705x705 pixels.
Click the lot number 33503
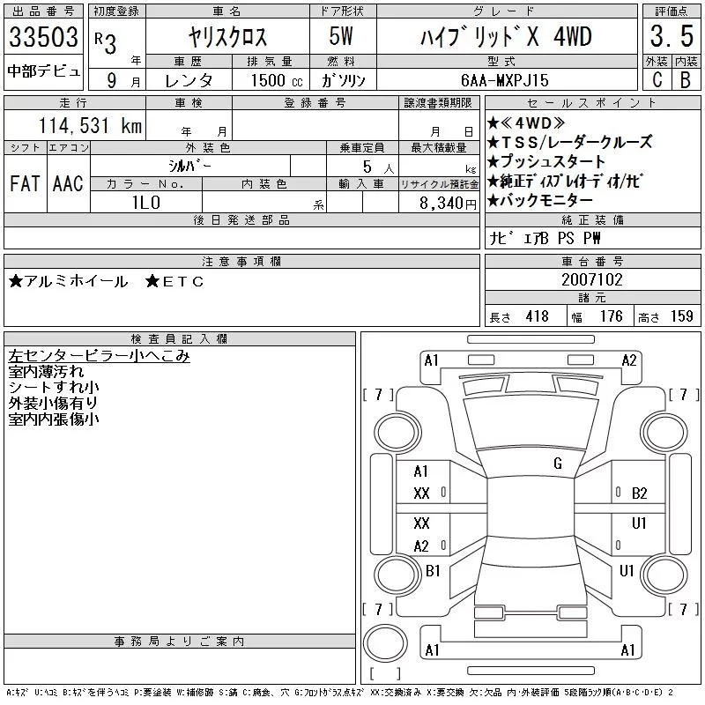(x=43, y=37)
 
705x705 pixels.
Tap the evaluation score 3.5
(x=672, y=36)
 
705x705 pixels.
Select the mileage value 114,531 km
(x=90, y=125)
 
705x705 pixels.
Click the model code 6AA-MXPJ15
(x=504, y=80)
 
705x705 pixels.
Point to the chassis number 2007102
(x=591, y=279)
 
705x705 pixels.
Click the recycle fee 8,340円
(x=448, y=204)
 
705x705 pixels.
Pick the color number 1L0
(x=146, y=203)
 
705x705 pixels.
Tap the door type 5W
(x=341, y=36)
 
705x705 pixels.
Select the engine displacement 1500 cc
(x=277, y=80)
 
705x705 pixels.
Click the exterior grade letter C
(x=657, y=79)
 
